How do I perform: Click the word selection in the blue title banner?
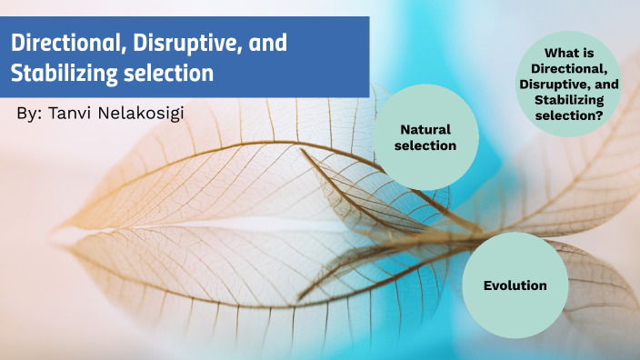(x=171, y=73)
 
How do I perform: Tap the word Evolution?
(x=515, y=285)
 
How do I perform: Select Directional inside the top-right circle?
(x=570, y=69)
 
